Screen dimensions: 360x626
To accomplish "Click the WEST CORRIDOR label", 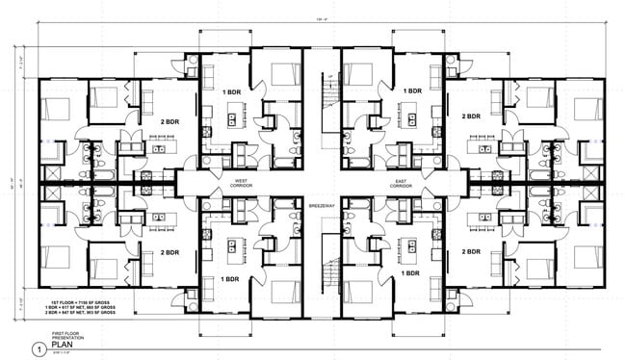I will (x=241, y=182).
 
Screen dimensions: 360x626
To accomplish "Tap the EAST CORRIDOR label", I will (x=402, y=182).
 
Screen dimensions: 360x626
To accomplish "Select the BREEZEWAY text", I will (x=321, y=206).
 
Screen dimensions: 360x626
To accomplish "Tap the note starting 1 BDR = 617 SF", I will (x=83, y=307).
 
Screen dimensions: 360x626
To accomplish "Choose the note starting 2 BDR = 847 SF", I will (x=83, y=314).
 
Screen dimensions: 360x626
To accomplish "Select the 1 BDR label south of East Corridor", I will (x=413, y=278).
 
